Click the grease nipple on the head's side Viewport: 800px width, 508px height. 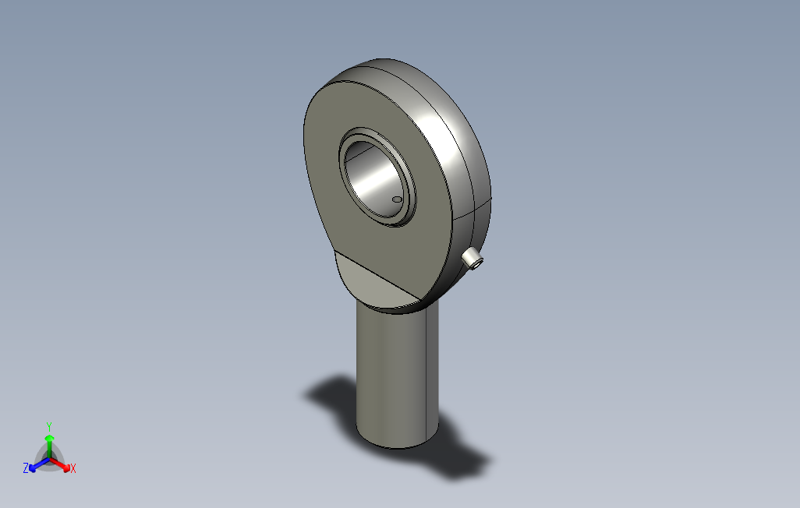coord(473,259)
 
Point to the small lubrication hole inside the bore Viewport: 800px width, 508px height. coord(397,199)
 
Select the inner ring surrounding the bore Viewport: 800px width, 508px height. coord(377,177)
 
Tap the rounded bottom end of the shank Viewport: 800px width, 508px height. coord(397,443)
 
